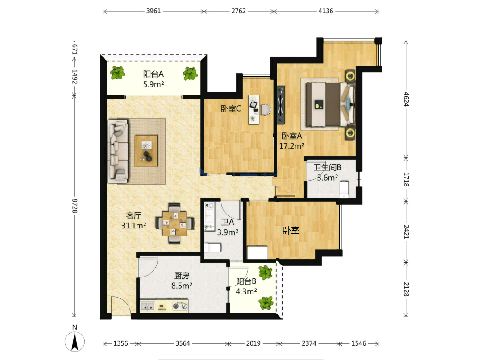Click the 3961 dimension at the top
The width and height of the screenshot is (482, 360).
pos(154,11)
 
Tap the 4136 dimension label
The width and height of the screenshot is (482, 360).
pos(326,11)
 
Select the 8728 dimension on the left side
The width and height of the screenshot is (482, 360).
pos(75,206)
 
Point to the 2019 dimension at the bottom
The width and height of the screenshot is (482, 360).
pos(253,343)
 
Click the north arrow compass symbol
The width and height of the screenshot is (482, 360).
pos(75,341)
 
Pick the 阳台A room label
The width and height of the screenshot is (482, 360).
pos(154,74)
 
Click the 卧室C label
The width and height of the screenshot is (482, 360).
pos(231,108)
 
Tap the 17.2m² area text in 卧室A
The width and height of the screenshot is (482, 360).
pos(292,146)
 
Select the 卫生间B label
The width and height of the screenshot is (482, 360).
pos(328,167)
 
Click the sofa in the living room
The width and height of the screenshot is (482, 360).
pos(118,151)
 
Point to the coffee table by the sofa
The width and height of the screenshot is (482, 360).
pos(146,151)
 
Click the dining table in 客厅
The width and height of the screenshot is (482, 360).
pos(175,223)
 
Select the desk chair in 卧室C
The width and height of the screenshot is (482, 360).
pos(266,110)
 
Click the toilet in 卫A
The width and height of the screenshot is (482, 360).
pos(212,248)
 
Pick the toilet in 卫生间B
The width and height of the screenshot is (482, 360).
pos(344,189)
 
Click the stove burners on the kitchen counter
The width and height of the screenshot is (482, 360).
pos(180,306)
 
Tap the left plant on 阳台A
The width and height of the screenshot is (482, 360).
pos(118,73)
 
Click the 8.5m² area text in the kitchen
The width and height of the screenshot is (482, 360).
pos(182,286)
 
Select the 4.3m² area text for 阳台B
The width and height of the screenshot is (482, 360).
pos(246,291)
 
